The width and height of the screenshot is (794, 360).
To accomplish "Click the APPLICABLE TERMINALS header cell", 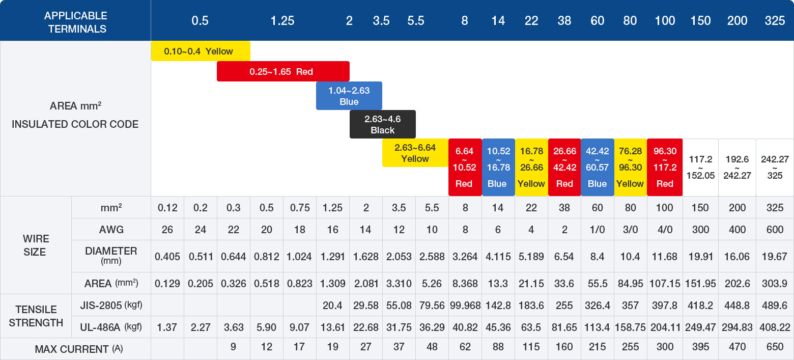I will tap(75, 22).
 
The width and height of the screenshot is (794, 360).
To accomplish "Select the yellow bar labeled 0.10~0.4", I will tap(200, 51).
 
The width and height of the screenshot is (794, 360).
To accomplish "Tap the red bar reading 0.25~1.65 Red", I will tap(282, 71).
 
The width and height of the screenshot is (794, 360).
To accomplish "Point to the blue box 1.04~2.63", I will tap(349, 96).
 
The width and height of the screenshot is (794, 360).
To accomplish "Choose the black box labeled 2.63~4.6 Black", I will tap(382, 124).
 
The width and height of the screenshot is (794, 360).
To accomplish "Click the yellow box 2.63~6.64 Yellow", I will tap(415, 153).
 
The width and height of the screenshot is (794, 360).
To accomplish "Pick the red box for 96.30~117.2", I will tap(664, 168).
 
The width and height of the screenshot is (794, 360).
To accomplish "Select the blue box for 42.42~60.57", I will tap(597, 168).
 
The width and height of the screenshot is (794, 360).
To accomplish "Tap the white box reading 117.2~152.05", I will tap(700, 168).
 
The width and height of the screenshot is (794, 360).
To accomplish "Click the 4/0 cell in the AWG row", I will tap(664, 230).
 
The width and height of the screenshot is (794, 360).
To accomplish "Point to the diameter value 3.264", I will tap(464, 257).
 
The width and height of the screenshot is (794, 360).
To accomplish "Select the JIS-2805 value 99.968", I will tap(464, 306).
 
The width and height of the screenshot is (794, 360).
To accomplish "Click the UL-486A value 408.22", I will tap(775, 327).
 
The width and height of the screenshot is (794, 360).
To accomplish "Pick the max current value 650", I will tap(775, 347).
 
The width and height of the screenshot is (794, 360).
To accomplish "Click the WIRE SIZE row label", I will tap(35, 245).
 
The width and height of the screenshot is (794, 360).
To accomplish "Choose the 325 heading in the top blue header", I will tap(775, 21).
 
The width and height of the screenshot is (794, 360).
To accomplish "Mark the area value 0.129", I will tap(167, 284).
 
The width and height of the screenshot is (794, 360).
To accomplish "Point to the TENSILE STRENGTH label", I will tap(36, 316).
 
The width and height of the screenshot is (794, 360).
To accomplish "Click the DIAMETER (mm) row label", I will tap(111, 256).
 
